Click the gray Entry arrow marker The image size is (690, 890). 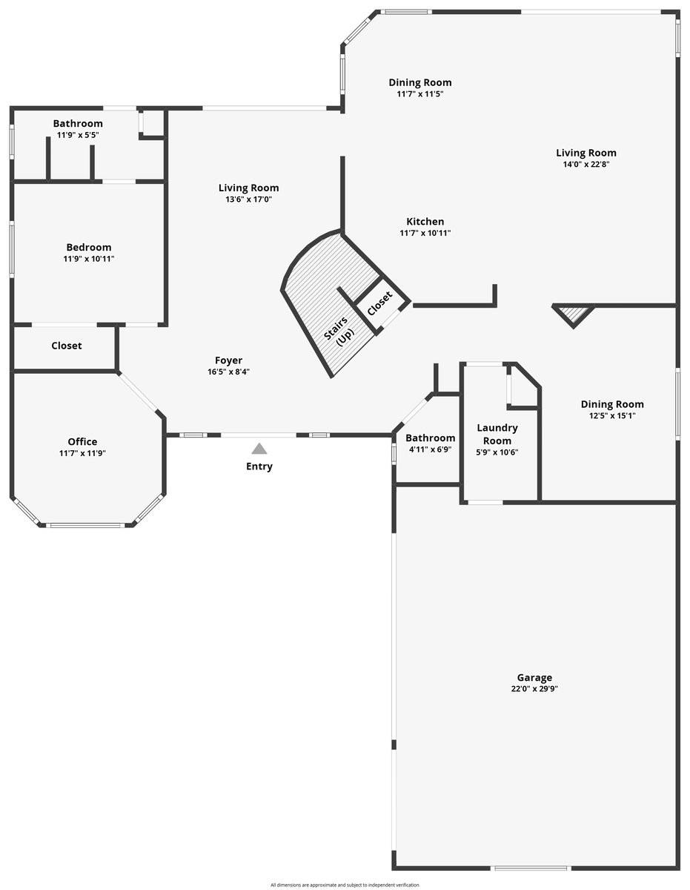[259, 448]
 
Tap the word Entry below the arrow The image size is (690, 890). [259, 467]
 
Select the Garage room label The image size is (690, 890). [534, 677]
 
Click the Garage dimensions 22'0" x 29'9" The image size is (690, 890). [534, 689]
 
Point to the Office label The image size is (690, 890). [82, 441]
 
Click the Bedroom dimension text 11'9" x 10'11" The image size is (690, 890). [89, 259]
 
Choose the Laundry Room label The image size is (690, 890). [497, 434]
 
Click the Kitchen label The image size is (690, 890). [425, 221]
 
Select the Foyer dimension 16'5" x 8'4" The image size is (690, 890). [228, 372]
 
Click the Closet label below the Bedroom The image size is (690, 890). [67, 346]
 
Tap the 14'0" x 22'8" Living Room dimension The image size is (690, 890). [586, 165]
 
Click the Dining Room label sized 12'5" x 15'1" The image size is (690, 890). [612, 404]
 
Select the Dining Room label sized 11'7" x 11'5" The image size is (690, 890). [420, 82]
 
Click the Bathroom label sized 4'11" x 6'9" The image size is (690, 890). [430, 438]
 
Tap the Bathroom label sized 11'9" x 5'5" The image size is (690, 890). [78, 123]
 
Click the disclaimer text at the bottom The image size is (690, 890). [345, 885]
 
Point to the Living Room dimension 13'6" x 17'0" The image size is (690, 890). [248, 200]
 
